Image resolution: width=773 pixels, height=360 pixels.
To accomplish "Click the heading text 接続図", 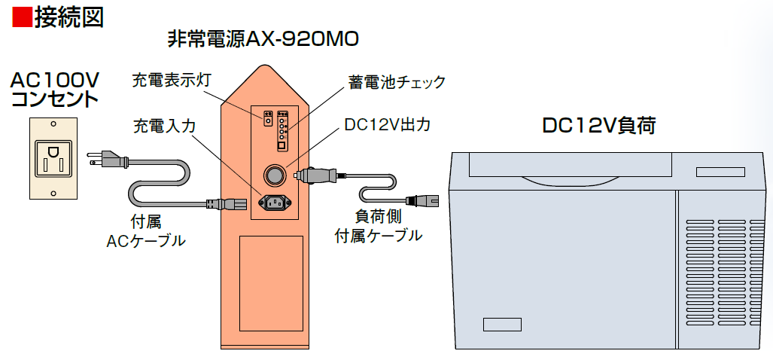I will click(68, 17).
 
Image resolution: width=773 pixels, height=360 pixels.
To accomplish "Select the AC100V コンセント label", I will click(54, 89).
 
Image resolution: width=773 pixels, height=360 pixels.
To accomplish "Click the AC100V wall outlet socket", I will click(52, 158).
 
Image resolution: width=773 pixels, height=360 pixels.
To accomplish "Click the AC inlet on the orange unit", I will click(274, 202).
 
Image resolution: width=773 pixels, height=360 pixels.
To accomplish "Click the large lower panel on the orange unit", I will click(270, 283).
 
